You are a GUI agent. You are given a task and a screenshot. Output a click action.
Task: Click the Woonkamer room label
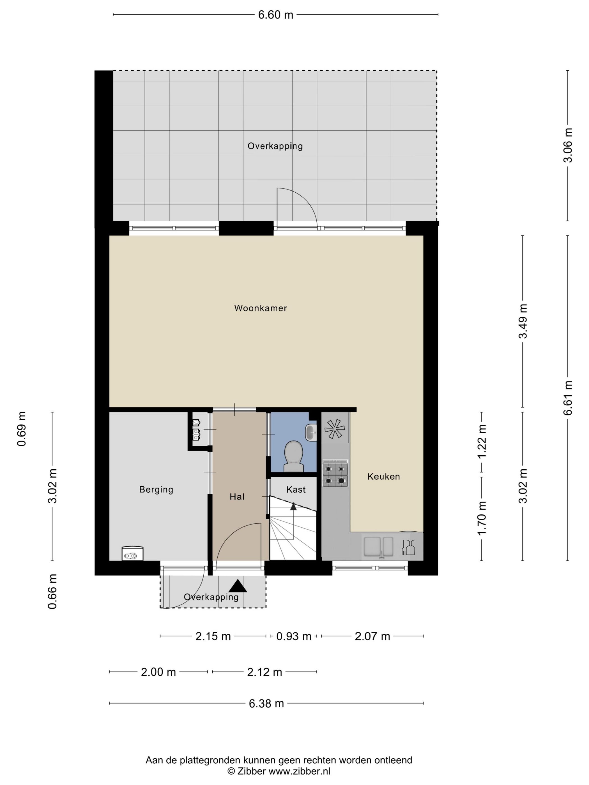click(x=260, y=308)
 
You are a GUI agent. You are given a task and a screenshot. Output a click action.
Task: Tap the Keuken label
click(x=383, y=477)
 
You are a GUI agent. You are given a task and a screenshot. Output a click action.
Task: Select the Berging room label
click(x=156, y=490)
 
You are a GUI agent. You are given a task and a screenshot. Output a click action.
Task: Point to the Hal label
click(x=237, y=497)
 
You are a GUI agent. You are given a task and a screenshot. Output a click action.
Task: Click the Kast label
click(x=296, y=490)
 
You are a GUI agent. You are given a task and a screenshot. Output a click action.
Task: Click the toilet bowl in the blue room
click(x=294, y=457)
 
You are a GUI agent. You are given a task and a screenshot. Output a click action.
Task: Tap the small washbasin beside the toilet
click(x=311, y=432)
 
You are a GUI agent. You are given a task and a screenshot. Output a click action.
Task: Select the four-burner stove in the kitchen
click(x=335, y=473)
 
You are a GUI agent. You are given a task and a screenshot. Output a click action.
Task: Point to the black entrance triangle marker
click(x=238, y=586)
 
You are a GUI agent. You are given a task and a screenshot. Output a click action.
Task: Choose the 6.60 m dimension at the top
click(x=275, y=15)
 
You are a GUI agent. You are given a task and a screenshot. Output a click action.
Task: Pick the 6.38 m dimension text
click(x=266, y=703)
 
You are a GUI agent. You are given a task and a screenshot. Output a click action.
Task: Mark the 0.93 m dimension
click(x=294, y=636)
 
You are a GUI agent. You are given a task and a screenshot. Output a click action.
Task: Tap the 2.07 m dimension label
click(x=372, y=636)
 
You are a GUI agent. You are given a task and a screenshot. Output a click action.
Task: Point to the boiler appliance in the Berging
click(x=132, y=554)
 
